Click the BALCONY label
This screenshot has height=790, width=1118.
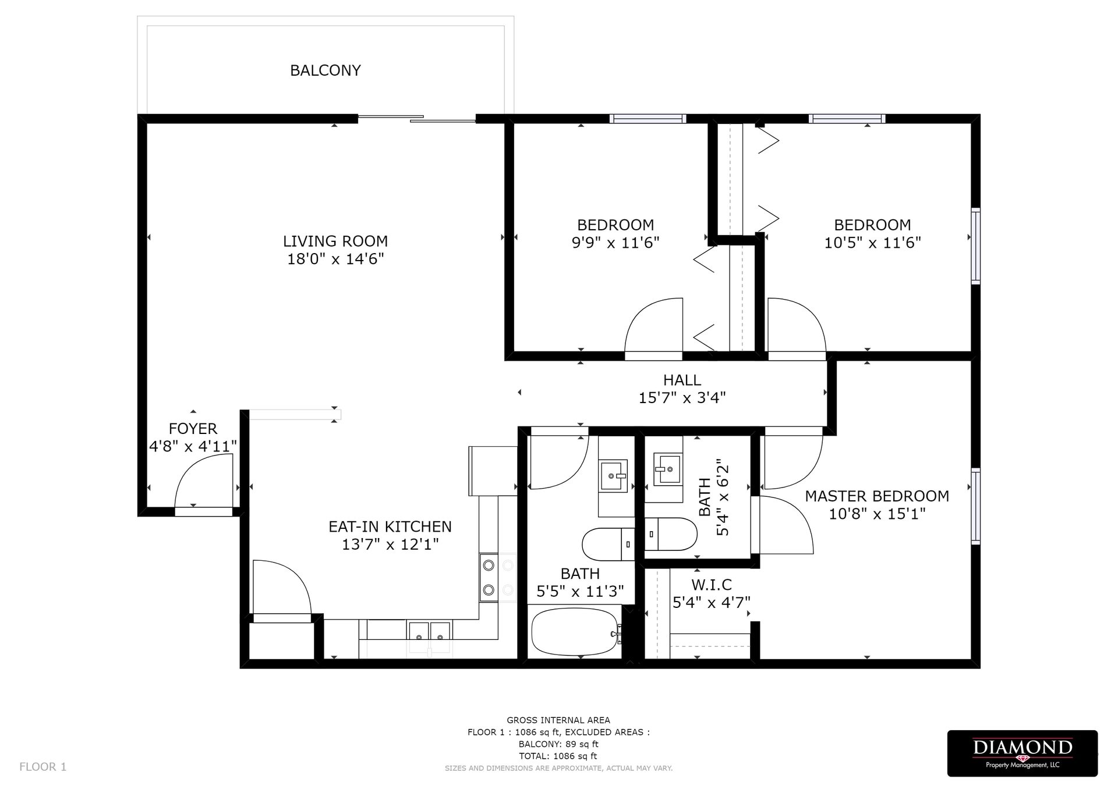pyautogui.click(x=325, y=70)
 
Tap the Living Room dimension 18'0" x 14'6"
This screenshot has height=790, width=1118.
pyautogui.click(x=335, y=259)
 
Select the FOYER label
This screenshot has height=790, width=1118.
pyautogui.click(x=193, y=429)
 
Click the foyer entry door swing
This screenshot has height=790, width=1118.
pyautogui.click(x=204, y=482)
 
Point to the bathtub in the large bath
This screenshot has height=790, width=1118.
pyautogui.click(x=575, y=631)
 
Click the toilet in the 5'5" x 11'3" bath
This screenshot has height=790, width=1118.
pyautogui.click(x=606, y=544)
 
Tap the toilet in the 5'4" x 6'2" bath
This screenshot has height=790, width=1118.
pyautogui.click(x=673, y=534)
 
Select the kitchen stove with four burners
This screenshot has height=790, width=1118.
pyautogui.click(x=498, y=578)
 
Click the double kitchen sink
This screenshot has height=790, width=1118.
pyautogui.click(x=429, y=631)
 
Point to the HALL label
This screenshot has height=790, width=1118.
pyautogui.click(x=682, y=380)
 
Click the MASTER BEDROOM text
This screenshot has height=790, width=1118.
pyautogui.click(x=876, y=496)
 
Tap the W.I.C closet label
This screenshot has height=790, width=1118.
pyautogui.click(x=711, y=585)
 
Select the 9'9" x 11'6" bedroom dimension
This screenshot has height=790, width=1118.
pyautogui.click(x=615, y=243)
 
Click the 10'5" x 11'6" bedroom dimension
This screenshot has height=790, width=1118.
pyautogui.click(x=872, y=243)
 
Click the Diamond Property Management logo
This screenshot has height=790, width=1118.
pyautogui.click(x=1022, y=753)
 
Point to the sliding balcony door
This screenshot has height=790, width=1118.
pyautogui.click(x=417, y=119)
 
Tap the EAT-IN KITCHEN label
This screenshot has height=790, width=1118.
pyautogui.click(x=390, y=526)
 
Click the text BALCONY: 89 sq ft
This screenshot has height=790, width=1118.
pyautogui.click(x=558, y=744)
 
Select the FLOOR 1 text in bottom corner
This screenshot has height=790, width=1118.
pyautogui.click(x=43, y=767)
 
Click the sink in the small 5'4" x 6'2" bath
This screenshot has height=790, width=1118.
pyautogui.click(x=668, y=468)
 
